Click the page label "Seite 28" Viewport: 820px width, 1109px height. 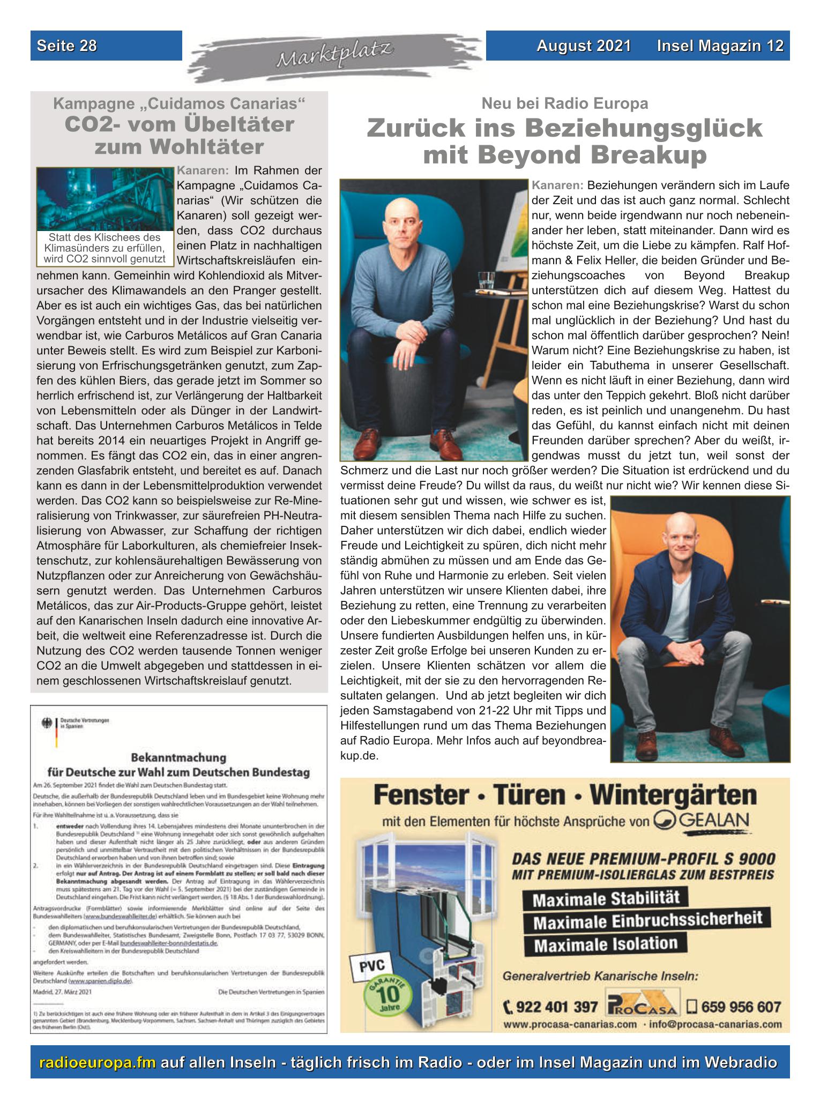[67, 46]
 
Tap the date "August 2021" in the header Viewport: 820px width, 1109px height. [584, 46]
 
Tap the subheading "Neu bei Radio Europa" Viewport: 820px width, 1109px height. [564, 103]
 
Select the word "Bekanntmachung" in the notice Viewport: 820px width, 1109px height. [178, 758]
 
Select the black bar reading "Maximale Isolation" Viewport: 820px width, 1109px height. [606, 943]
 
